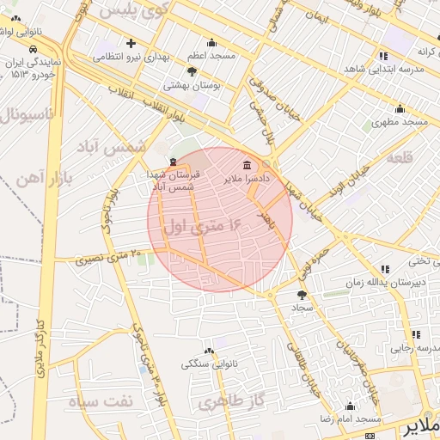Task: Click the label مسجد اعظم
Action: (x=211, y=57)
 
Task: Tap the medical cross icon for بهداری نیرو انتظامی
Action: (x=131, y=44)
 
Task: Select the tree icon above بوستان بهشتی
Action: (x=191, y=72)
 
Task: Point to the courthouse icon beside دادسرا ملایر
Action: (x=247, y=165)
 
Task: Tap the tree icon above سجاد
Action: (x=301, y=294)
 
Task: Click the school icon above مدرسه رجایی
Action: (x=416, y=334)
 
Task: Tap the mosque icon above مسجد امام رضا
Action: (x=349, y=406)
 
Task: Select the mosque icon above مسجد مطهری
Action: (x=399, y=109)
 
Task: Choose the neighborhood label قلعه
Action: (x=400, y=159)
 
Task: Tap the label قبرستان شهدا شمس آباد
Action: (x=174, y=180)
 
